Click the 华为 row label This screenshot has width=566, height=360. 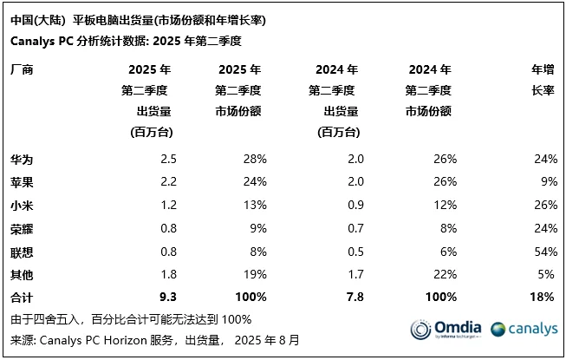(x=23, y=159)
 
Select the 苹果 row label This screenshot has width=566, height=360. (x=23, y=183)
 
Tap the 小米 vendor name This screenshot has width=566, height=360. (x=23, y=206)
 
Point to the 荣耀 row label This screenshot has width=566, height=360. (x=23, y=229)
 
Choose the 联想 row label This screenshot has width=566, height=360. (x=23, y=252)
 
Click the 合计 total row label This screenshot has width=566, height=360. (x=23, y=298)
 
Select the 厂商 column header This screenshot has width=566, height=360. (x=23, y=69)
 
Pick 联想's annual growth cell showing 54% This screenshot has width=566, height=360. (x=542, y=252)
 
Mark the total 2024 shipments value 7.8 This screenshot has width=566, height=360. (x=355, y=298)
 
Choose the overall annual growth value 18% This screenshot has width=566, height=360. (x=542, y=298)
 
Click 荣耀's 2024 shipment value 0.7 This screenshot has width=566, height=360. (x=355, y=229)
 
